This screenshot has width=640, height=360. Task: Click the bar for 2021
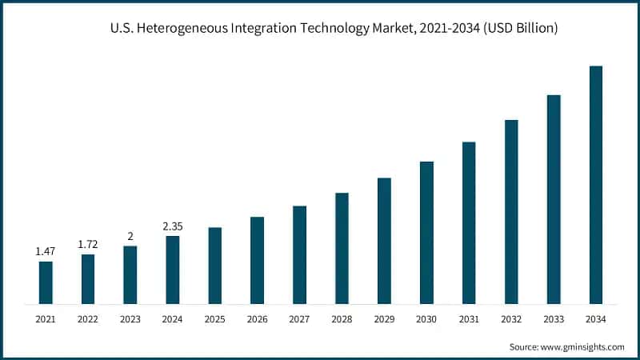point(46,282)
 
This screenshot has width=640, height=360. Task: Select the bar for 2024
point(173,270)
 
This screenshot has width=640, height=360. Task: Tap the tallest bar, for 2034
point(596,185)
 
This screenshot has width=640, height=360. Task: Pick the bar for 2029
point(384,241)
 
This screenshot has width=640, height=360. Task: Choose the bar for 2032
point(511,212)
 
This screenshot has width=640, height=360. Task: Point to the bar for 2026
point(257,260)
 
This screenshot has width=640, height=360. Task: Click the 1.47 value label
point(46,252)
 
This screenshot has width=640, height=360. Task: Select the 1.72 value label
point(88,242)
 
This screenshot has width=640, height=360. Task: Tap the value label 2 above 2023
point(130,235)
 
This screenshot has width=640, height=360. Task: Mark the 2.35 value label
point(173,226)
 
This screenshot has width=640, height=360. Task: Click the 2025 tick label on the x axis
point(214,320)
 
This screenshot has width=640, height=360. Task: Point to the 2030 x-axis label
point(426,320)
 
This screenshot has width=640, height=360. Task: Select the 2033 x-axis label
point(554,320)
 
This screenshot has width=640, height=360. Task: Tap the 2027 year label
point(299,320)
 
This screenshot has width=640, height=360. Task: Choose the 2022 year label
point(88,320)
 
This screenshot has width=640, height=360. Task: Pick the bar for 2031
point(469,223)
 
